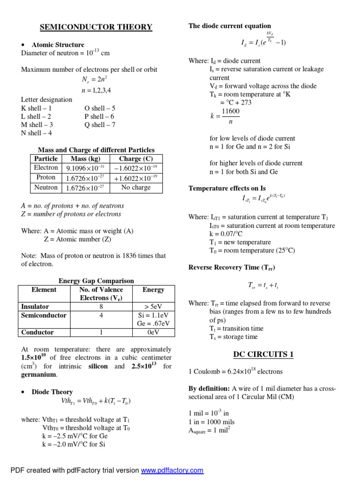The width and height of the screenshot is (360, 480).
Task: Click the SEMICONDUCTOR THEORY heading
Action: pyautogui.click(x=96, y=27)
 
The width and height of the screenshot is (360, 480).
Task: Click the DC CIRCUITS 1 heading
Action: pyautogui.click(x=263, y=354)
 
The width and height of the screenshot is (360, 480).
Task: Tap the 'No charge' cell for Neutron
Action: pyautogui.click(x=135, y=187)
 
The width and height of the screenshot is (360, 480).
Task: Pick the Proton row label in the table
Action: pyautogui.click(x=46, y=178)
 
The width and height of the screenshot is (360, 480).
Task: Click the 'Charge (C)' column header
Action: pyautogui.click(x=135, y=158)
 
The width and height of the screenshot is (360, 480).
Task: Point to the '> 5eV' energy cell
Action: pyautogui.click(x=153, y=307)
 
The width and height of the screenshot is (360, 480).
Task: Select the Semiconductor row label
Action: pyautogui.click(x=44, y=315)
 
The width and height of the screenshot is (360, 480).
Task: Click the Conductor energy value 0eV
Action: pyautogui.click(x=153, y=332)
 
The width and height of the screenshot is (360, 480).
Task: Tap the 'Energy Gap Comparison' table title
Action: pyautogui.click(x=96, y=281)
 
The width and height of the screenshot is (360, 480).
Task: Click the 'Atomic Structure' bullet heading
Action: pyautogui.click(x=58, y=45)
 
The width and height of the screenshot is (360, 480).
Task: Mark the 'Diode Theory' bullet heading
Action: pyautogui.click(x=52, y=392)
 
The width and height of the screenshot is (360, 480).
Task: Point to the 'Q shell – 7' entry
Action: pyautogui.click(x=100, y=125)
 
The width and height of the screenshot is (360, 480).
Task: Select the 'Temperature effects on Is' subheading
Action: pyautogui.click(x=227, y=188)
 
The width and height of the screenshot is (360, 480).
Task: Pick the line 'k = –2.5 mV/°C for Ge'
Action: pyautogui.click(x=74, y=435)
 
